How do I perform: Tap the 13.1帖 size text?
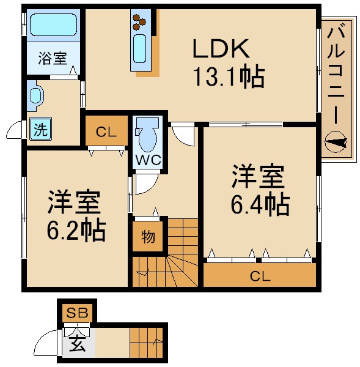228,77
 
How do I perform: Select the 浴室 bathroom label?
52,59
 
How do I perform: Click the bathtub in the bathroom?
52,26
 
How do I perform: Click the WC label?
148,160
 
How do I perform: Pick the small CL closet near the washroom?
105,131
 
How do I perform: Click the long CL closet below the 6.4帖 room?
259,275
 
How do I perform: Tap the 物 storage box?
147,236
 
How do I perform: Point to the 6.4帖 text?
259,204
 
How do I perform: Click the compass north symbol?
337,144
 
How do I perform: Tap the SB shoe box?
77,313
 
